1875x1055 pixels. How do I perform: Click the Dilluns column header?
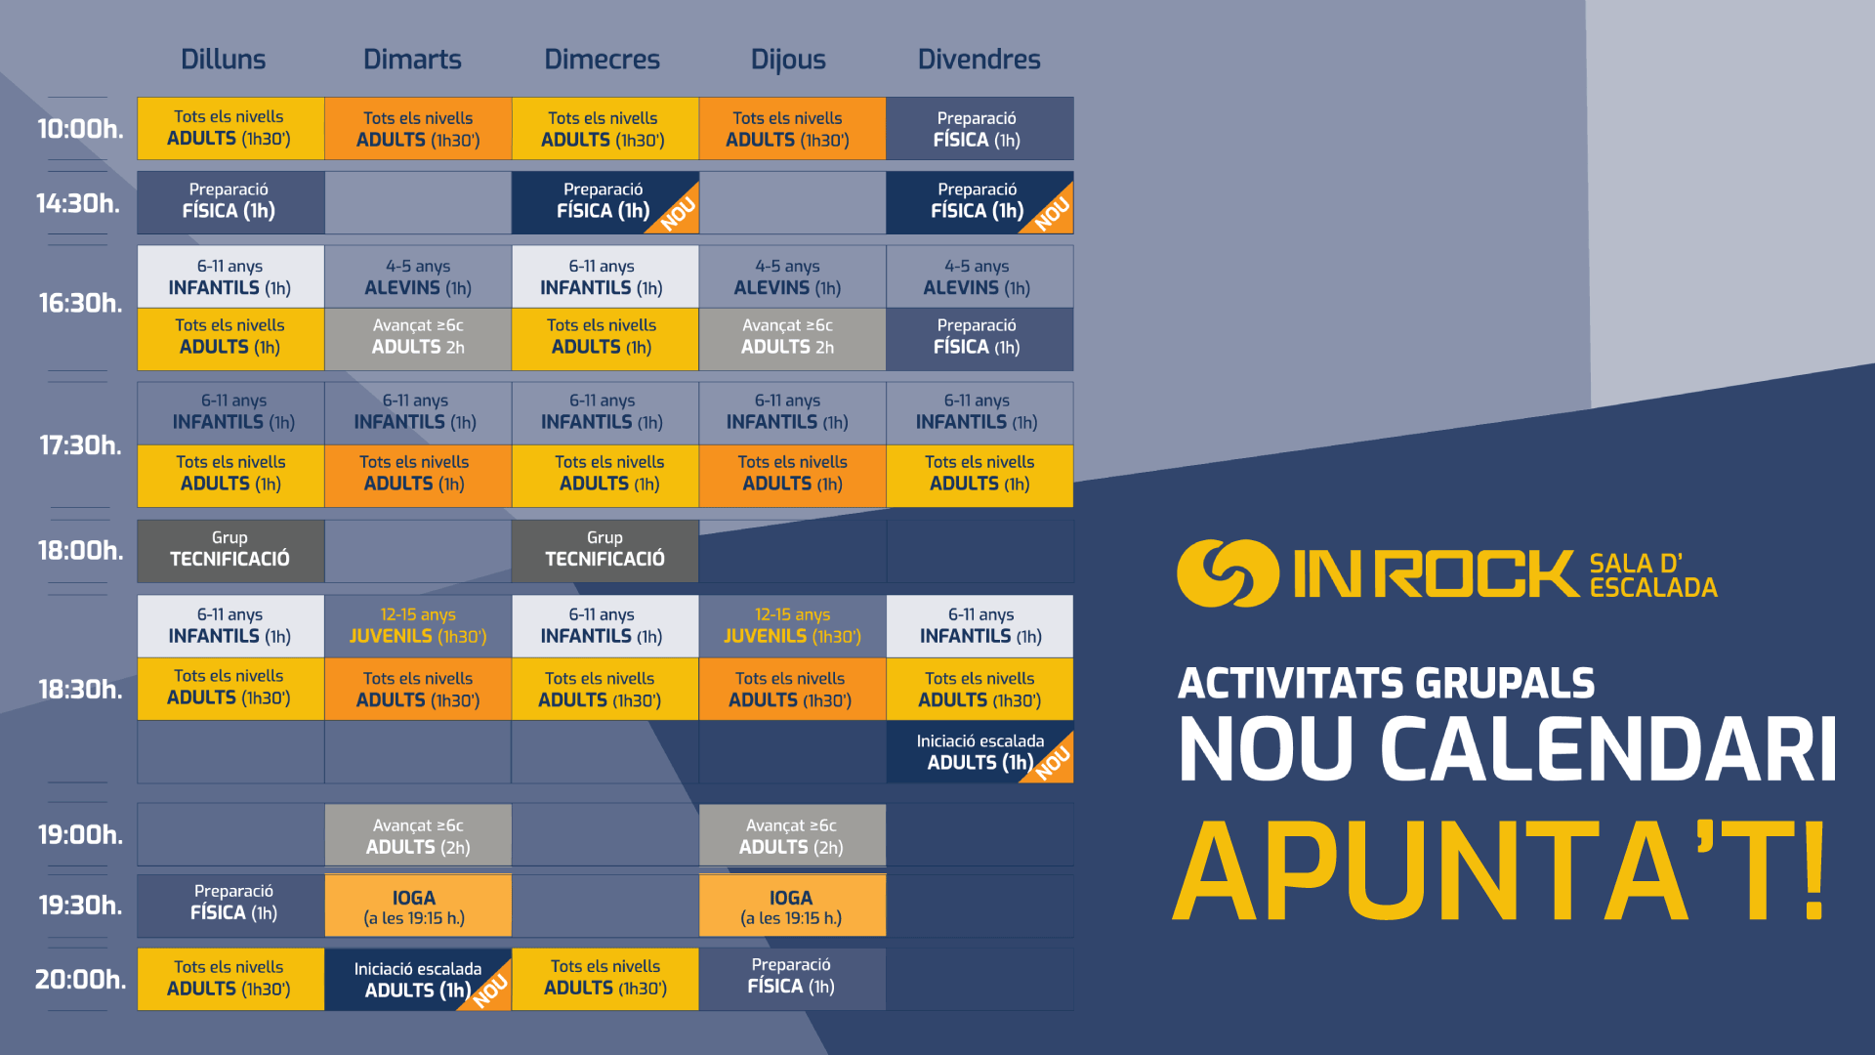(x=223, y=60)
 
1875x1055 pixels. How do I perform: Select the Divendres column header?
(x=979, y=60)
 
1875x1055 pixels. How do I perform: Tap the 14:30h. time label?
(x=78, y=203)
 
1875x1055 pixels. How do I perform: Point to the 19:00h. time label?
(x=80, y=834)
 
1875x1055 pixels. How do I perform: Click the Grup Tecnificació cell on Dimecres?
(x=604, y=550)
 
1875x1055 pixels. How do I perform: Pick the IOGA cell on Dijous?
(x=792, y=906)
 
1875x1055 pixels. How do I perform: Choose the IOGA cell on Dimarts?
(x=418, y=906)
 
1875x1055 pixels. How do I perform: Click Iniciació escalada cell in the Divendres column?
(x=979, y=752)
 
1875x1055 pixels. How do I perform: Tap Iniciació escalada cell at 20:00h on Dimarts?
(x=418, y=980)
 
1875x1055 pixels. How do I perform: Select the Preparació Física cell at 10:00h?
(x=979, y=128)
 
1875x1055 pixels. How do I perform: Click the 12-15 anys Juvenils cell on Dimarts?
(x=418, y=626)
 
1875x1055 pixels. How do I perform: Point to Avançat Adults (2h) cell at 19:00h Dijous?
(x=792, y=835)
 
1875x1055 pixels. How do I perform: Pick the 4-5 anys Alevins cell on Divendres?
(x=979, y=276)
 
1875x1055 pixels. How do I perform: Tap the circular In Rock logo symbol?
(x=1228, y=573)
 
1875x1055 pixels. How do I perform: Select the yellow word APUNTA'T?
(x=1499, y=870)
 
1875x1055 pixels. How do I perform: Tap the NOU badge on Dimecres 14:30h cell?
(x=678, y=213)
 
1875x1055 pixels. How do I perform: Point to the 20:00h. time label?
(x=80, y=979)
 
